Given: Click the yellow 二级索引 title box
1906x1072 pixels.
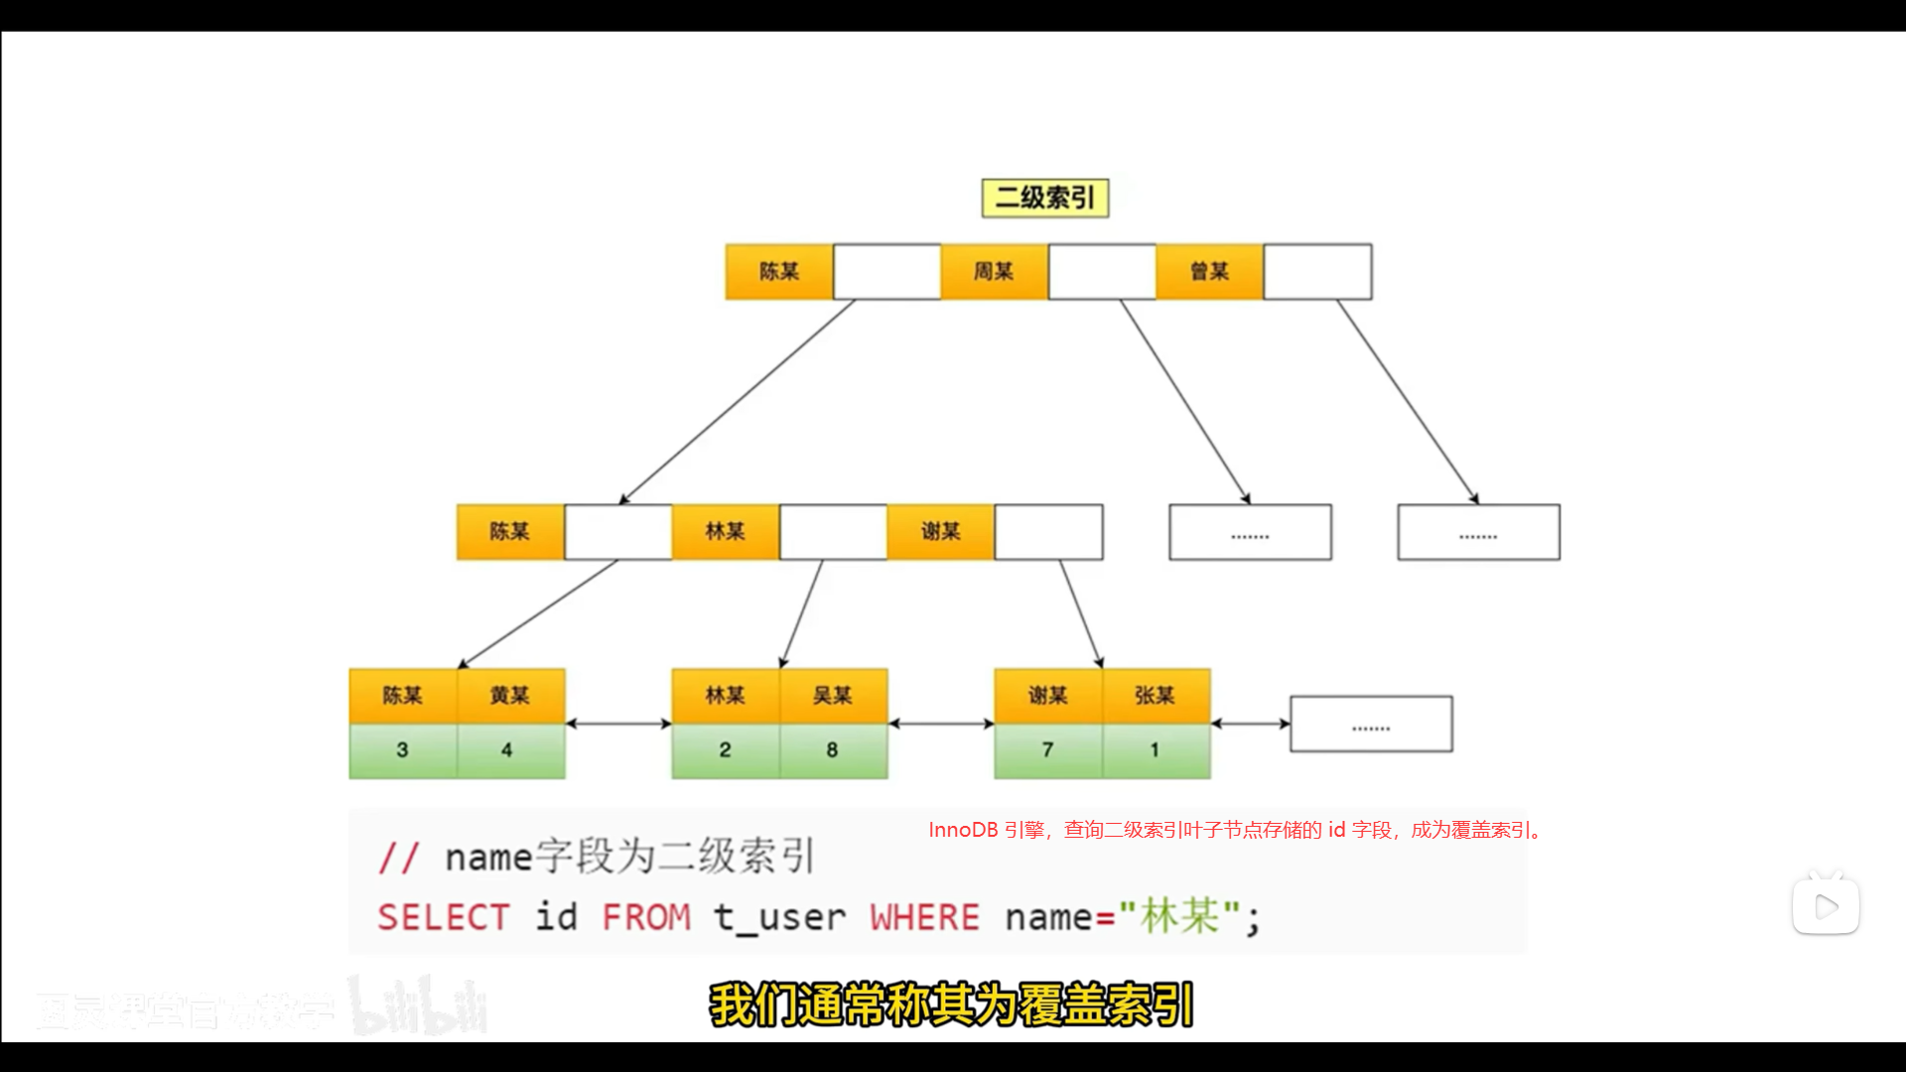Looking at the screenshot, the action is pos(1044,198).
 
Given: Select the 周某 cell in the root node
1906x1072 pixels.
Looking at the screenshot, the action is pos(994,271).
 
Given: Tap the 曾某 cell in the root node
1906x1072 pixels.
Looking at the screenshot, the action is pos(1209,271).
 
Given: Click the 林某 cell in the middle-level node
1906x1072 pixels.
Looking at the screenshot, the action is pos(725,531).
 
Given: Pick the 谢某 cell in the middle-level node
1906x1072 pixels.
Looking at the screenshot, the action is pos(940,531).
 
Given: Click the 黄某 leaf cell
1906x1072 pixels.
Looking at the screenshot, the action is pos(510,695).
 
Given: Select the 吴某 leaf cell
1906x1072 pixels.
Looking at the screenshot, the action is pos(833,695).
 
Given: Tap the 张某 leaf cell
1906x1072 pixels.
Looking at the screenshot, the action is pos(1156,695).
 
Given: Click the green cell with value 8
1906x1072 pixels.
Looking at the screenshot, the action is pos(833,750).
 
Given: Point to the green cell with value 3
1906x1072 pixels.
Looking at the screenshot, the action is pos(402,750).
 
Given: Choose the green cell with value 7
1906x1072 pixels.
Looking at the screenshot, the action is pos(1047,750).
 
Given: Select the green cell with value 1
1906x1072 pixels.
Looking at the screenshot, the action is pos(1156,750).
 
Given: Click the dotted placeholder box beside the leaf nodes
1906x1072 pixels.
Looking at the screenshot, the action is pos(1371,724).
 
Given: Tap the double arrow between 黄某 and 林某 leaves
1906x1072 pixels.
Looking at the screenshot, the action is pos(618,724).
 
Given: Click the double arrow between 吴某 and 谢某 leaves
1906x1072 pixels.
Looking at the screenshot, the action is pos(941,724).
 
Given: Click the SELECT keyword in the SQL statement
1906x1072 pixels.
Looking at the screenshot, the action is pos(444,917).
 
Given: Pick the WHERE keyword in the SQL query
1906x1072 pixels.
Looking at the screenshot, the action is pos(924,917).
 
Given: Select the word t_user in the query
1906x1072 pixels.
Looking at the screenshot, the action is pos(779,917).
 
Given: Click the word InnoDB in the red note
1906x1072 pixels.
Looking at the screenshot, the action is pos(963,830).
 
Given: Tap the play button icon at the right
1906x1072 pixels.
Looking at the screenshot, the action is pos(1826,905).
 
